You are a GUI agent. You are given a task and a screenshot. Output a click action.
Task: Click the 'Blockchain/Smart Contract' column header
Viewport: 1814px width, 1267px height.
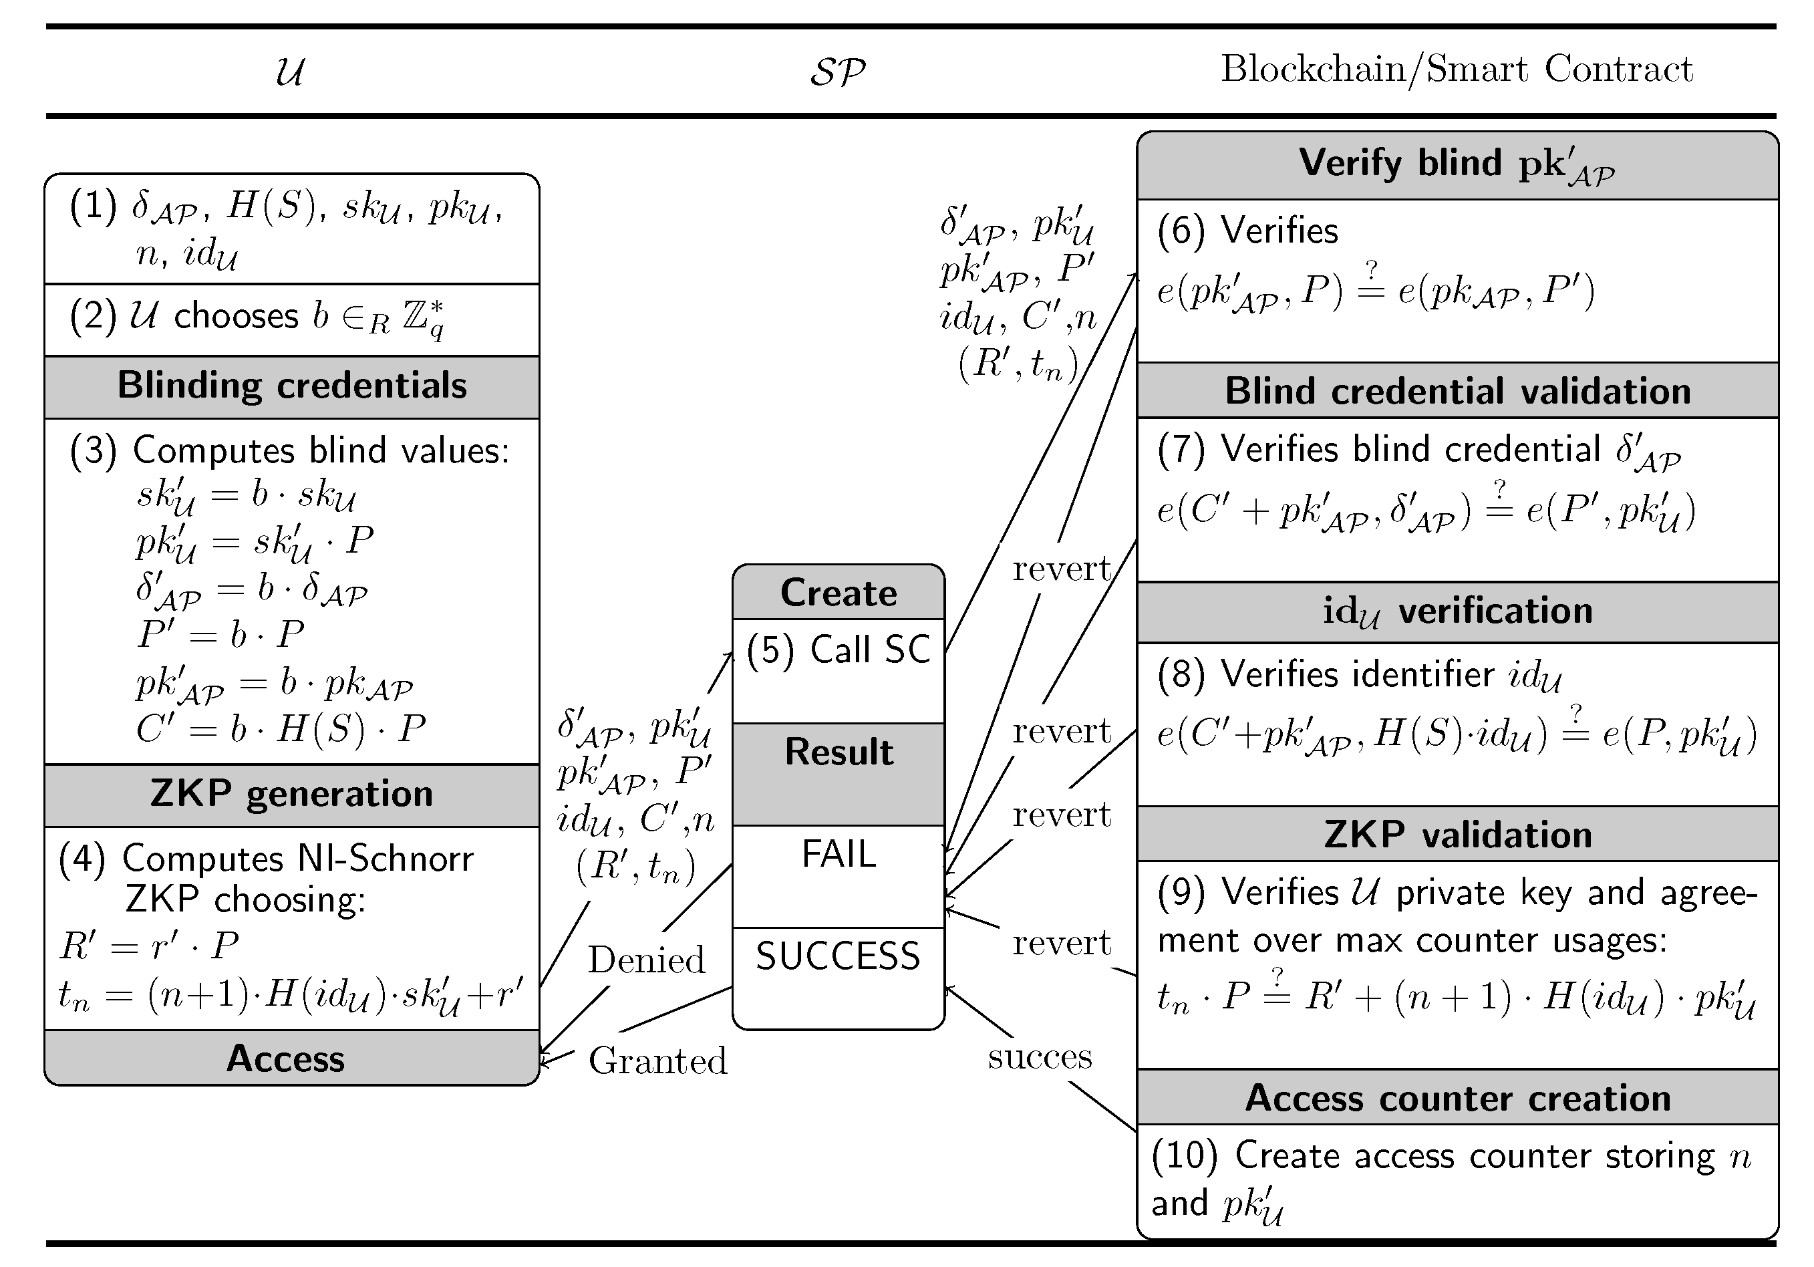(1456, 69)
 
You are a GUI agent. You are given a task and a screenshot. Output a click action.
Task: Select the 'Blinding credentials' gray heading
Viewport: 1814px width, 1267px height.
(291, 386)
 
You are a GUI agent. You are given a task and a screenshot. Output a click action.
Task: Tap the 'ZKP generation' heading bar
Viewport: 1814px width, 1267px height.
(291, 794)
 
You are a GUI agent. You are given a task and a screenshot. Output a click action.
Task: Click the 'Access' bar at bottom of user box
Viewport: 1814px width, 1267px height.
(285, 1059)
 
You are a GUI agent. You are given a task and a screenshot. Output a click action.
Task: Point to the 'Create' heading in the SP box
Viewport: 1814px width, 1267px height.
(839, 593)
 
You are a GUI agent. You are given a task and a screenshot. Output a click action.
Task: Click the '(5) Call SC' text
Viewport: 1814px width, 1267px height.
(839, 650)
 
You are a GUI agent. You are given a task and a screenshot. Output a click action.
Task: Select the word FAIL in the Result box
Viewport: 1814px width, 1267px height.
(839, 855)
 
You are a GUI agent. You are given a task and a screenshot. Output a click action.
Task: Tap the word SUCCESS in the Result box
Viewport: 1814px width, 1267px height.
(839, 956)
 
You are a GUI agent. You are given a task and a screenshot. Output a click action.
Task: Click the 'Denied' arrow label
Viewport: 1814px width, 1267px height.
(645, 960)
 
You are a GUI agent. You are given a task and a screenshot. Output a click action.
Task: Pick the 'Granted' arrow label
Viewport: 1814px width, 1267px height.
(657, 1061)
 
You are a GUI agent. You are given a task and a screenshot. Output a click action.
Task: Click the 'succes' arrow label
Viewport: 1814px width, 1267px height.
(1039, 1057)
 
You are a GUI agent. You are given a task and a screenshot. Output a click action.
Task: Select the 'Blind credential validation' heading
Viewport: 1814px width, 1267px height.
(1457, 391)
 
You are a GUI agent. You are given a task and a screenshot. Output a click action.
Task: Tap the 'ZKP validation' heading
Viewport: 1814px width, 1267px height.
(1457, 835)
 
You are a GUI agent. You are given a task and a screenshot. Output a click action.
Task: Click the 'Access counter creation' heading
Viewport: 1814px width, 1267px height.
(1457, 1098)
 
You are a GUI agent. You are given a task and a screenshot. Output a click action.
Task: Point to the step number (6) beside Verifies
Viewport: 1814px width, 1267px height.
(1181, 231)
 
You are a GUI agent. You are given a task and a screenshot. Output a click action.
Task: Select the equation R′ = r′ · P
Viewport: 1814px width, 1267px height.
(149, 946)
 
